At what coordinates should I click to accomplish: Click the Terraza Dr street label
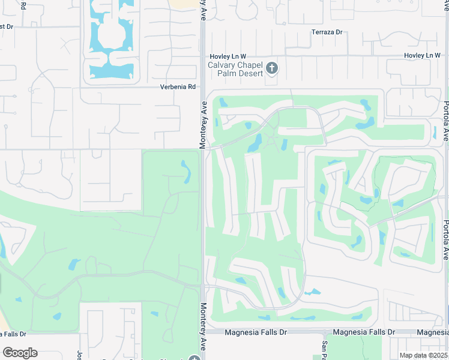tap(327, 32)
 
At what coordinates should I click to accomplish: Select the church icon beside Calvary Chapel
tap(272, 68)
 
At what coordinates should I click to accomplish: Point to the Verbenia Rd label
tap(178, 87)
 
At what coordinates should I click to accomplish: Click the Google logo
tap(20, 353)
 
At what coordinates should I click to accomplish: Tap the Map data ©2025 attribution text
tap(423, 355)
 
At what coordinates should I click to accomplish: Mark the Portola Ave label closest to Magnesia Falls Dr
tap(445, 239)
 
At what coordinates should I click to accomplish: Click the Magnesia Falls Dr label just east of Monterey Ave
tap(256, 332)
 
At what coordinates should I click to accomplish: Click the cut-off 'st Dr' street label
tap(7, 26)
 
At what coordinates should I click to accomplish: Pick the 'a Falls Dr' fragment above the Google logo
tap(13, 334)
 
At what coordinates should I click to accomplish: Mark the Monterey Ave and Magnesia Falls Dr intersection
tap(203, 331)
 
